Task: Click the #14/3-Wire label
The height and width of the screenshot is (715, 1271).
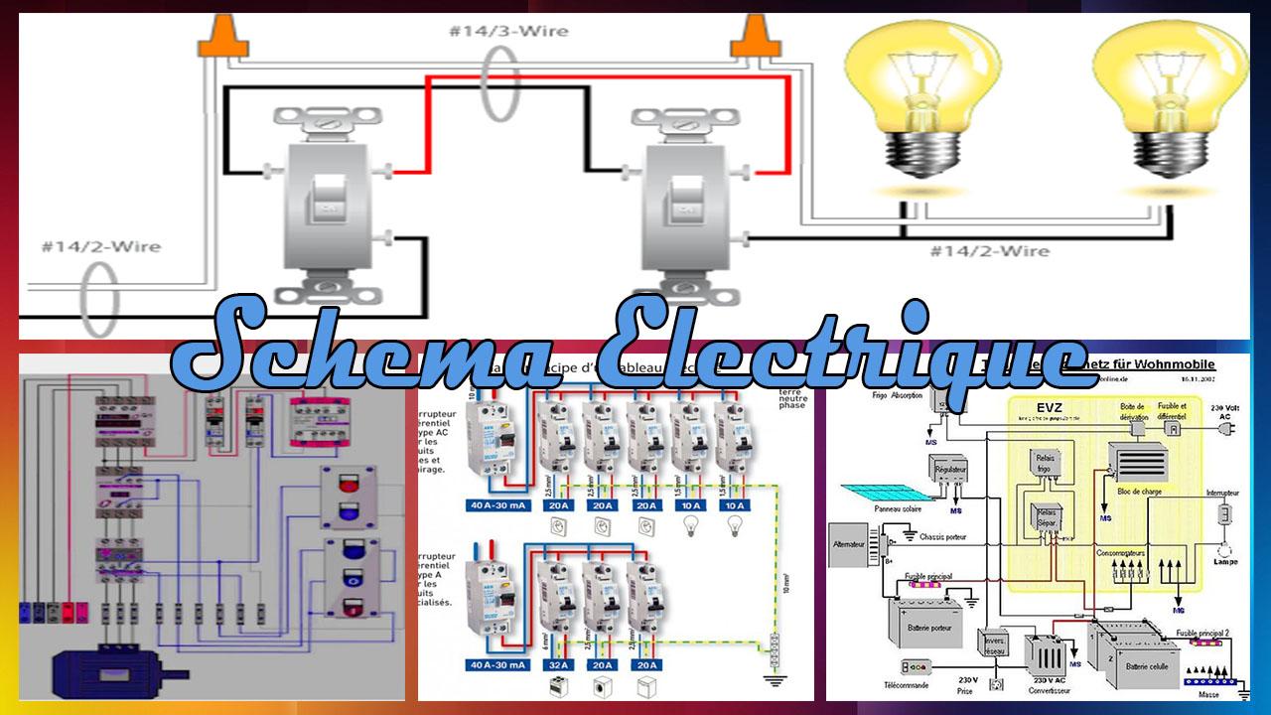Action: point(508,31)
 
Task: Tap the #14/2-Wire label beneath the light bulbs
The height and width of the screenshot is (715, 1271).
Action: point(989,251)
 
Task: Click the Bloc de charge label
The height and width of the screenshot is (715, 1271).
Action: point(1137,491)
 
